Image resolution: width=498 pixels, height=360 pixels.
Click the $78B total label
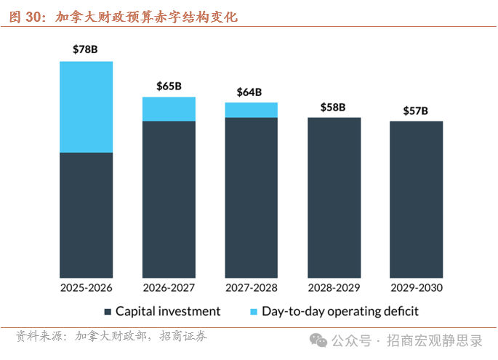(86, 49)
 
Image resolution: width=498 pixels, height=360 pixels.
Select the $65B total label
(169, 86)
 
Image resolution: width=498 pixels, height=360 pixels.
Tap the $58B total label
(333, 108)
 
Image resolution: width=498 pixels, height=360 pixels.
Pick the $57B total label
(416, 111)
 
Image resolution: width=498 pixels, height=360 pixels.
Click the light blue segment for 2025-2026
(86, 107)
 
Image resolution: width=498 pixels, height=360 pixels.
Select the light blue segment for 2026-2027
(169, 109)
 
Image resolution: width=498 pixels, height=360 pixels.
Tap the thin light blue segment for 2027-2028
(252, 110)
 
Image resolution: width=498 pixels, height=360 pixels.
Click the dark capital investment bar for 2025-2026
(86, 215)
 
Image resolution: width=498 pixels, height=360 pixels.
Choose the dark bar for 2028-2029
(334, 197)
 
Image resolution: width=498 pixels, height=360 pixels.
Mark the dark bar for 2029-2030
(416, 199)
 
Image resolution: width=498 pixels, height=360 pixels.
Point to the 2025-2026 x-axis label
(86, 287)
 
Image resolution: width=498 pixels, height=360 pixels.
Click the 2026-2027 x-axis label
(169, 287)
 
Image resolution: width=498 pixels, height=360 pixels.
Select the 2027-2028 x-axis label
(252, 287)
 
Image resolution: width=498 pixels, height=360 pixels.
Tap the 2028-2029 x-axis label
(334, 287)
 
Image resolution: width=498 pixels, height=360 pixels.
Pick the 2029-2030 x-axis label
(416, 287)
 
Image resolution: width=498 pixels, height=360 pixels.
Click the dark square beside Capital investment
(108, 312)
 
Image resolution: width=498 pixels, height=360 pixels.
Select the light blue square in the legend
(253, 312)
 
